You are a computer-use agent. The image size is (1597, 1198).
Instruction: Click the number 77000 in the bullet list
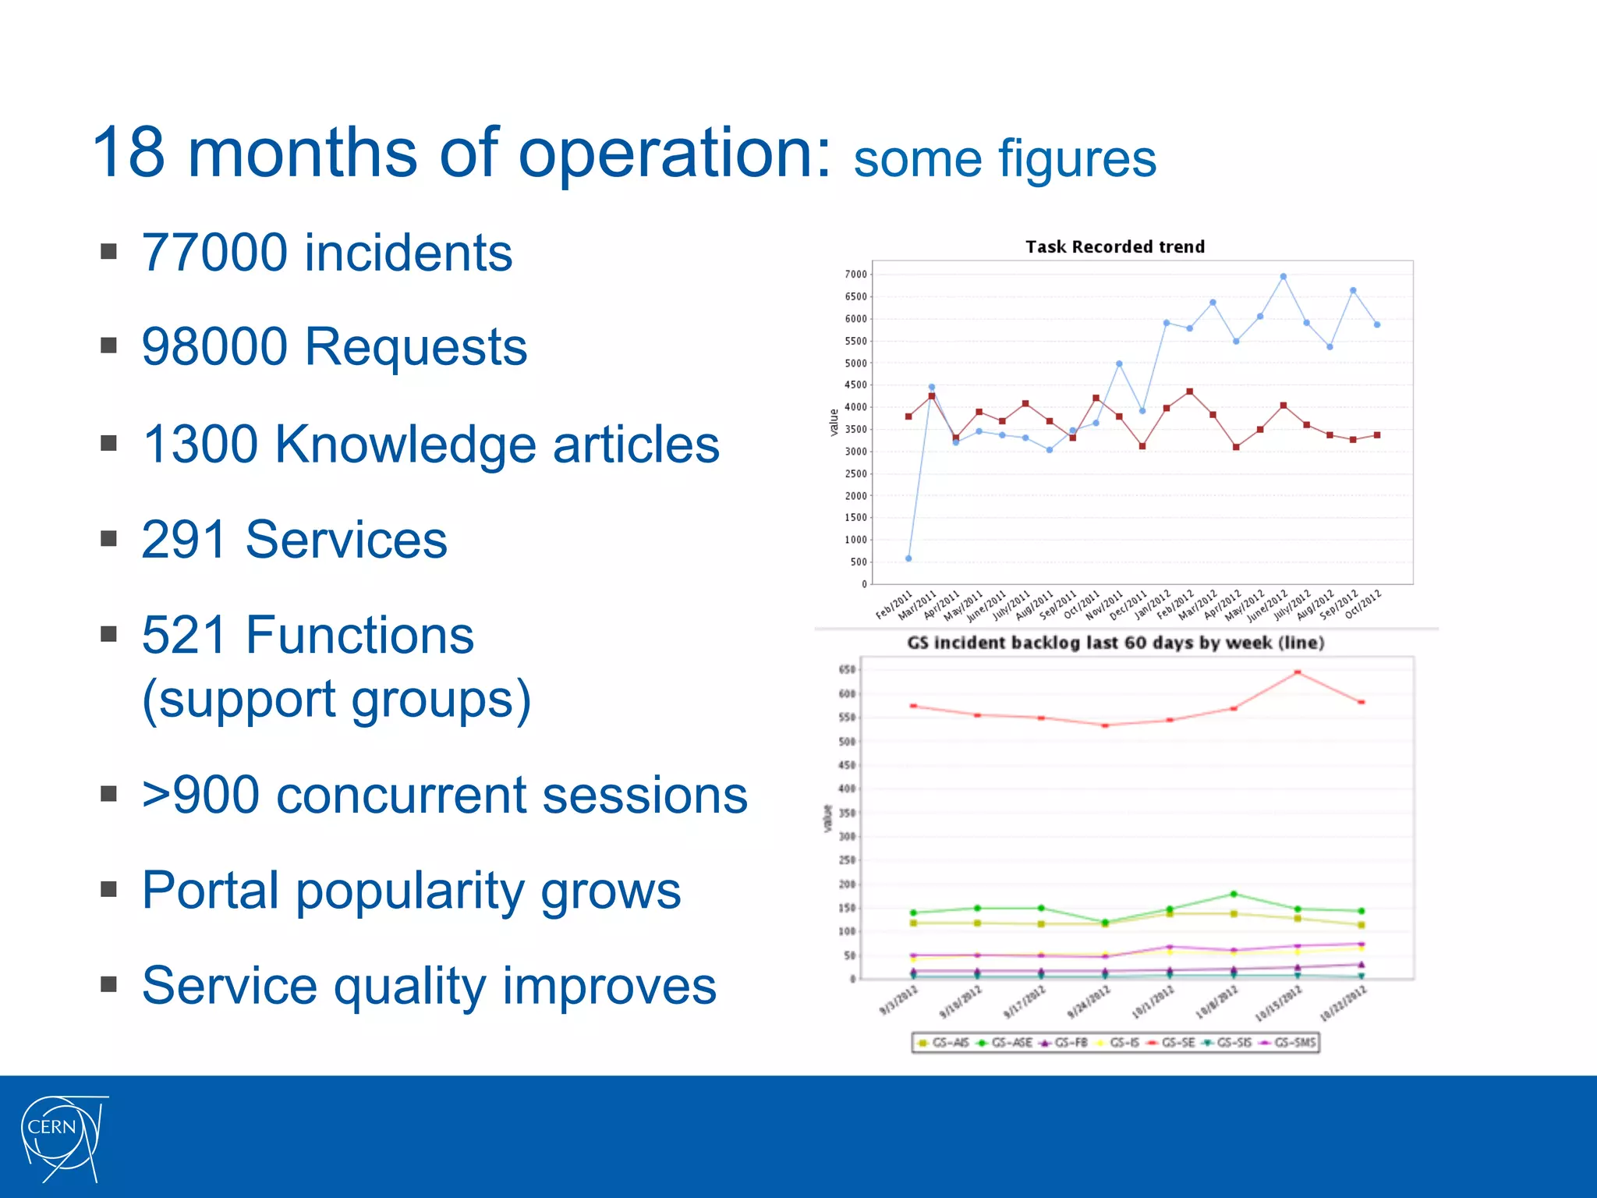[x=214, y=253]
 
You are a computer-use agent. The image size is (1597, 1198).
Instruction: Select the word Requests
[x=415, y=347]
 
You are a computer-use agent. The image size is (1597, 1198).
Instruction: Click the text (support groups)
[x=336, y=700]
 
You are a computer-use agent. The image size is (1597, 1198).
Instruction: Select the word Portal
[x=210, y=891]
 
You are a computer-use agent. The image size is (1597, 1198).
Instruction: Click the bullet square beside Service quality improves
[x=108, y=984]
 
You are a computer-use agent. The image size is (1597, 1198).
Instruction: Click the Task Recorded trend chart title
[x=1114, y=247]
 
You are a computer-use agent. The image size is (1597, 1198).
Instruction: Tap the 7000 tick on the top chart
[x=855, y=275]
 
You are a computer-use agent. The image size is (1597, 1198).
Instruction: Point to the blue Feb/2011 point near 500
[x=908, y=558]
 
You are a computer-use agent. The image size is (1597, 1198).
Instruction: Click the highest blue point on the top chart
[x=1283, y=277]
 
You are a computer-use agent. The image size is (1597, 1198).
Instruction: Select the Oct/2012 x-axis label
[x=1363, y=604]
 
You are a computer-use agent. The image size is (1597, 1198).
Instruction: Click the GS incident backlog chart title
[x=1115, y=643]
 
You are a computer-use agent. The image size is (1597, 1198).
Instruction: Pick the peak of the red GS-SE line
[x=1298, y=672]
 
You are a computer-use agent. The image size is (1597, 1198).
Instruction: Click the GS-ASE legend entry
[x=1005, y=1043]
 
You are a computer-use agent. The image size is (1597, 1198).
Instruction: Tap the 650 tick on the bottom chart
[x=847, y=670]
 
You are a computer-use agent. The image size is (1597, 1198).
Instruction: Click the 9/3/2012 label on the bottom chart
[x=899, y=1000]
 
